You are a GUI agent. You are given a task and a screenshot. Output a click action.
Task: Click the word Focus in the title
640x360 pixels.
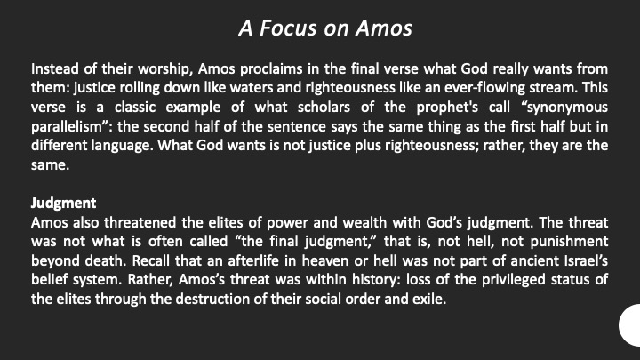coord(288,28)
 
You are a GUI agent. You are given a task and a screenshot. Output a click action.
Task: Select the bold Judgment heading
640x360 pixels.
coord(64,204)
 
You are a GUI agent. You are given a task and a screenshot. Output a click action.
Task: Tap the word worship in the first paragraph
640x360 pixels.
coord(165,69)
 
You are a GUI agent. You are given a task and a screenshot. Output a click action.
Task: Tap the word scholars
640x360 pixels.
coord(324,108)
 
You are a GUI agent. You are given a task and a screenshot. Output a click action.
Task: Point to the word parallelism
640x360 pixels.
coord(69,127)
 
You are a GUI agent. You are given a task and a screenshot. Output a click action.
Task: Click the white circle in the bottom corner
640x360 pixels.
coord(630,325)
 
